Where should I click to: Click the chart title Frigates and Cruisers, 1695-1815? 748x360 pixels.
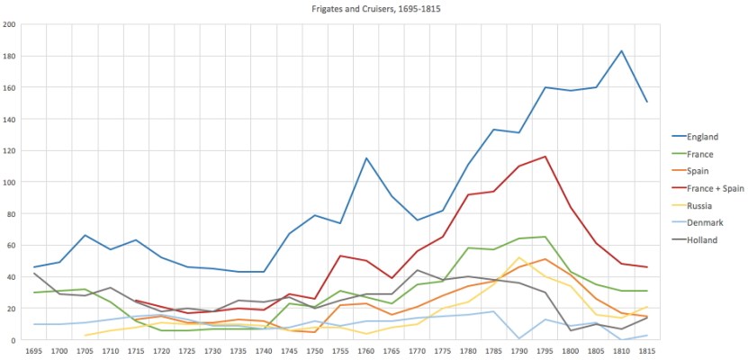374,9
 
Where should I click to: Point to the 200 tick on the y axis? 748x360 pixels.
11,24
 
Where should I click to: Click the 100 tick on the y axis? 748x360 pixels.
11,183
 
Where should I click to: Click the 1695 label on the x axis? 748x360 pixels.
34,350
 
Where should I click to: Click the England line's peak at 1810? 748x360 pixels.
621,51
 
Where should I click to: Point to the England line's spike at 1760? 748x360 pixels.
367,158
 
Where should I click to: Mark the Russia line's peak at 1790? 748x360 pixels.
518,258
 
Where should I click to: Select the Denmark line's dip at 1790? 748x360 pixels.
518,338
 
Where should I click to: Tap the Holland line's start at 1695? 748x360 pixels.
34,274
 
